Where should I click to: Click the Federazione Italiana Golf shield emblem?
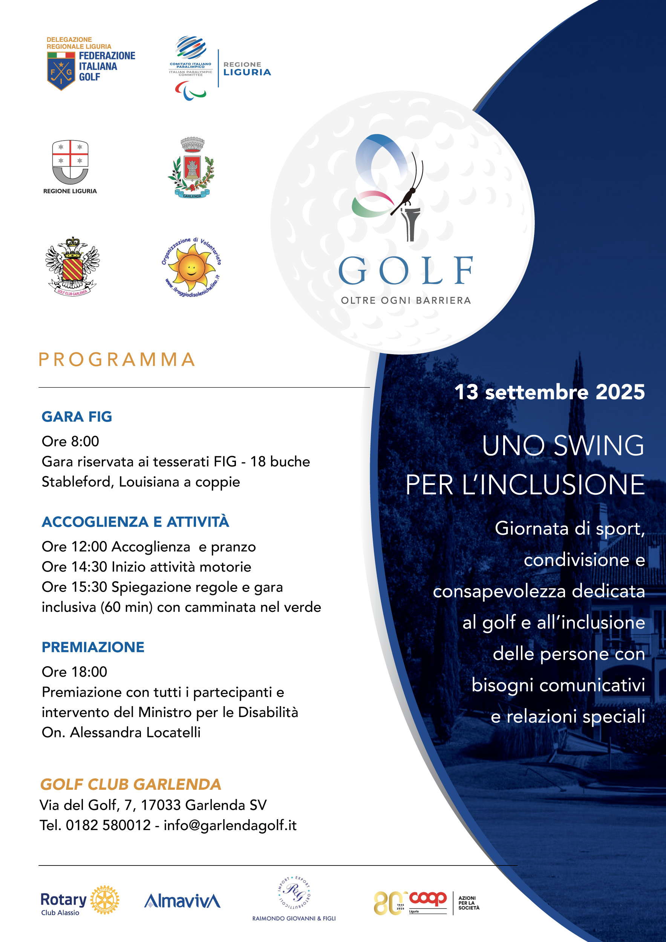[61, 70]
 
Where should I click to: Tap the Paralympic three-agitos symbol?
[190, 91]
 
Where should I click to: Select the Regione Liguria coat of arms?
[70, 162]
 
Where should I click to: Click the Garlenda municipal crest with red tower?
[191, 168]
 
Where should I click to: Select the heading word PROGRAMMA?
[117, 359]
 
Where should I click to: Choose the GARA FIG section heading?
[77, 416]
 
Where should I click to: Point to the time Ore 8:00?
[70, 441]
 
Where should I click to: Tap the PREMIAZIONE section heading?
[93, 647]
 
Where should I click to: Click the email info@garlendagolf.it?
[230, 825]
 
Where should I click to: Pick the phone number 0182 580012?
[108, 825]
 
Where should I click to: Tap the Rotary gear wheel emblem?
[105, 900]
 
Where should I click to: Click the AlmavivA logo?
[182, 901]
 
